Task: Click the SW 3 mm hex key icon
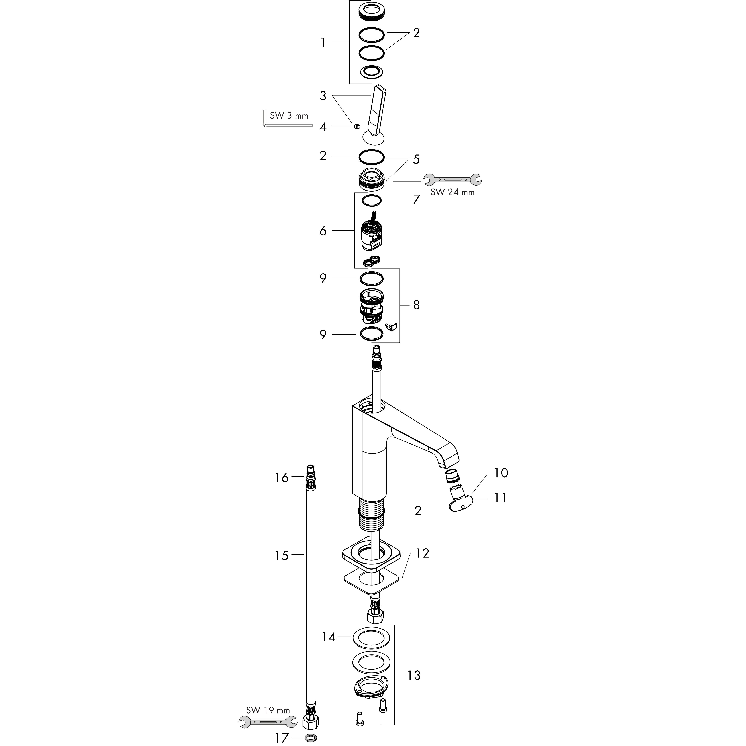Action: click(x=266, y=120)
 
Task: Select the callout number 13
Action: click(x=414, y=675)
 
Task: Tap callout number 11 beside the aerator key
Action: click(x=500, y=498)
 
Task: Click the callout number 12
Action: click(x=422, y=553)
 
